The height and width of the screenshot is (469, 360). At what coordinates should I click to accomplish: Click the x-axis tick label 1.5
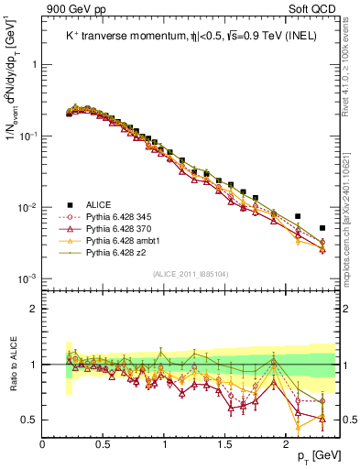(x=225, y=442)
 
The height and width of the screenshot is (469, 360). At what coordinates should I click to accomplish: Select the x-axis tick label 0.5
(x=104, y=442)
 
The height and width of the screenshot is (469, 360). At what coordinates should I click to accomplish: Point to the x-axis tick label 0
(x=43, y=442)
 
